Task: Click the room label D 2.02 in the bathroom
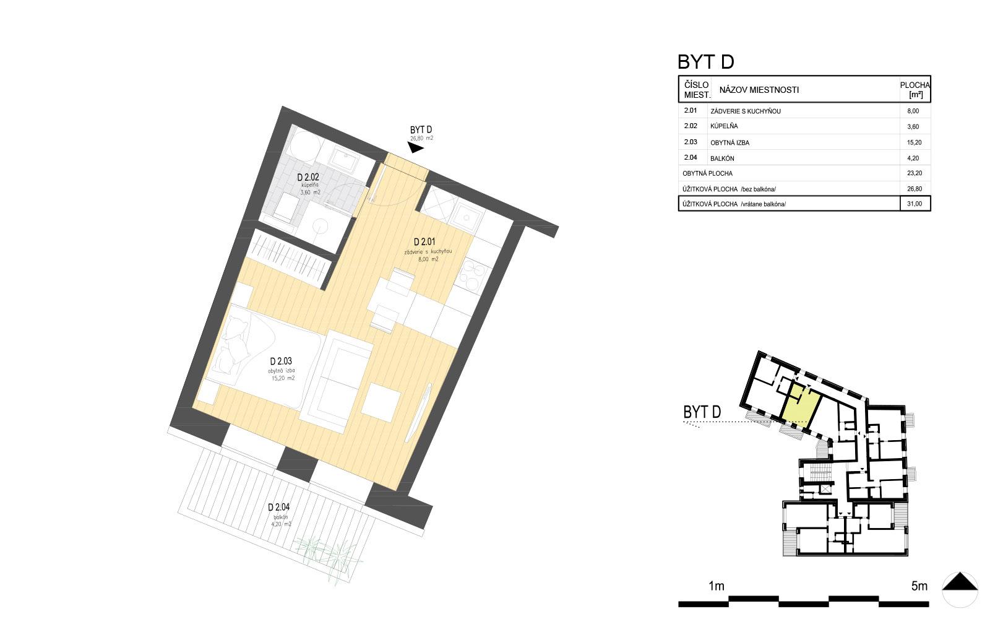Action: pos(308,177)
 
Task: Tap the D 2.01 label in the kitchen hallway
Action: pos(424,242)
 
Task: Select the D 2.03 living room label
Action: pos(281,361)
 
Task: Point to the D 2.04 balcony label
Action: pos(279,507)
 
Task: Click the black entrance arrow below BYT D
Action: pos(415,147)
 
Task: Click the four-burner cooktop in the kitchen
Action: pos(473,273)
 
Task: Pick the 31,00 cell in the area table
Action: pos(915,204)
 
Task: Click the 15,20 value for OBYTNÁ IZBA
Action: pos(914,142)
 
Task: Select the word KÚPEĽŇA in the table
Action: pos(724,126)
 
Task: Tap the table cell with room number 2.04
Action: pos(691,157)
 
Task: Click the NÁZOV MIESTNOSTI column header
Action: pos(759,90)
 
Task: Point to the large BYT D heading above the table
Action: pos(706,62)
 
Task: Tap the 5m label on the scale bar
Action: pos(919,586)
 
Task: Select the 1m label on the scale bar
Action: pos(717,586)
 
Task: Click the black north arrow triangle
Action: pos(960,582)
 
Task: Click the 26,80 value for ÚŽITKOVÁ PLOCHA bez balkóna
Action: pos(915,189)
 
